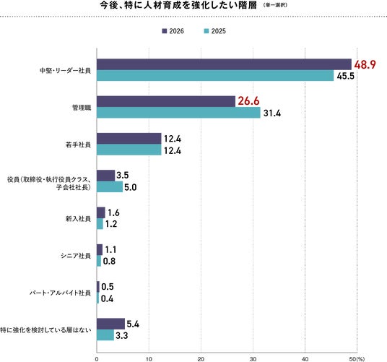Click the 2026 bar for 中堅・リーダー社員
pyautogui.click(x=224, y=64)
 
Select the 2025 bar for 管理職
pyautogui.click(x=178, y=113)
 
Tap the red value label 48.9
pyautogui.click(x=365, y=65)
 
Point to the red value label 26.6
pyautogui.click(x=248, y=101)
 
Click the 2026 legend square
pyautogui.click(x=165, y=31)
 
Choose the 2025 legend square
pyautogui.click(x=206, y=31)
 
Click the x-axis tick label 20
pyautogui.click(x=201, y=359)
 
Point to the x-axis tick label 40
pyautogui.click(x=305, y=359)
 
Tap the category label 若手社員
pyautogui.click(x=78, y=145)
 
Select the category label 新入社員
pyautogui.click(x=78, y=219)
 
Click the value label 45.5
pyautogui.click(x=346, y=76)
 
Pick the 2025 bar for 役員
pyautogui.click(x=110, y=186)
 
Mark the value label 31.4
pyautogui.click(x=272, y=113)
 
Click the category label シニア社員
pyautogui.click(x=76, y=256)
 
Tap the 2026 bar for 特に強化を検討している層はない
pyautogui.click(x=110, y=324)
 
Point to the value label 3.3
pyautogui.click(x=122, y=336)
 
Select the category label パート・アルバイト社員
pyautogui.click(x=60, y=293)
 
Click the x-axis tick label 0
pyautogui.click(x=97, y=359)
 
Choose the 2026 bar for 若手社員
pyautogui.click(x=129, y=139)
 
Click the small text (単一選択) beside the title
pyautogui.click(x=275, y=5)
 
